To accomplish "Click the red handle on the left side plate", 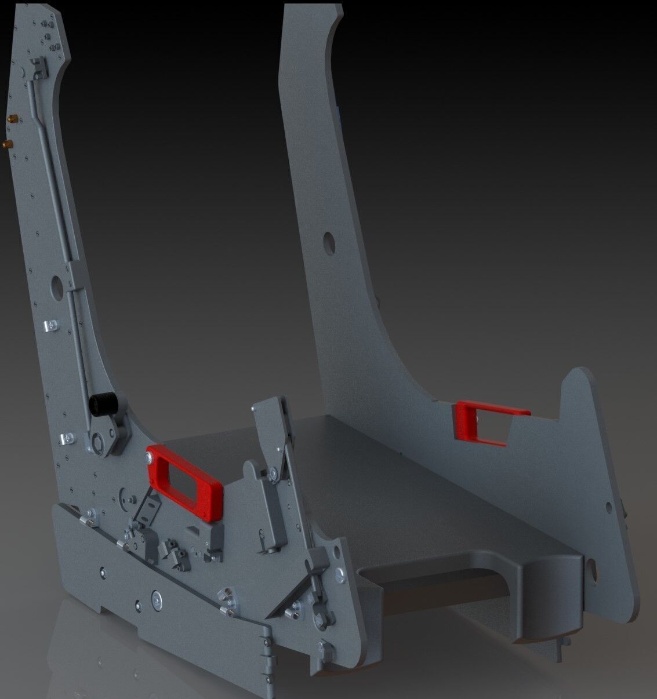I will tap(184, 477).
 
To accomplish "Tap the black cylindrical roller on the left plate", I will tap(104, 404).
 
